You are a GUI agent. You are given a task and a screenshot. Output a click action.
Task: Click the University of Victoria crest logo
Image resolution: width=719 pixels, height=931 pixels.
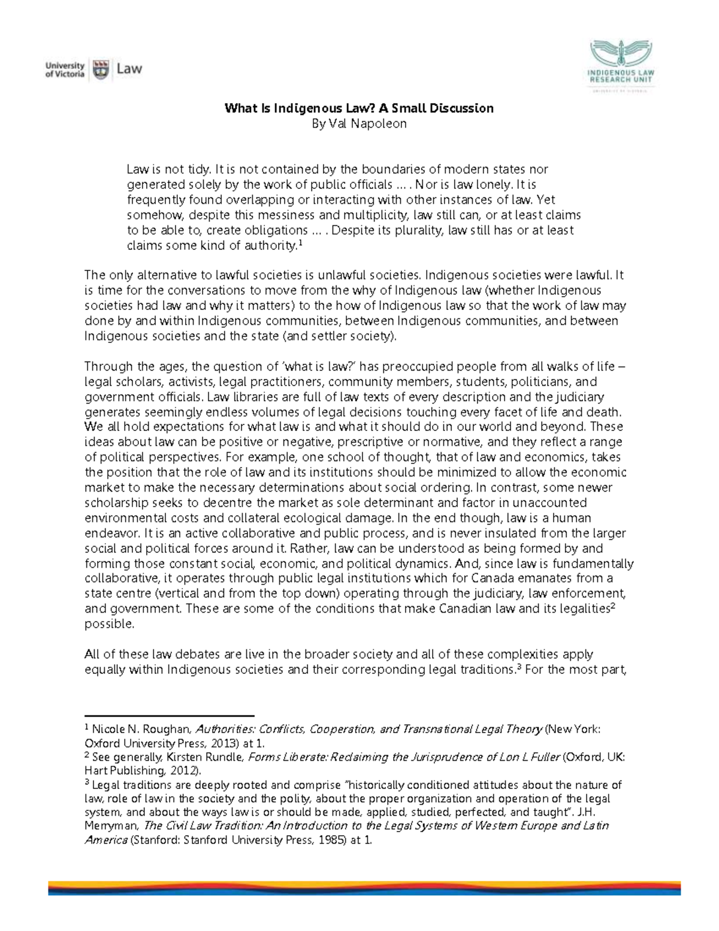[102, 69]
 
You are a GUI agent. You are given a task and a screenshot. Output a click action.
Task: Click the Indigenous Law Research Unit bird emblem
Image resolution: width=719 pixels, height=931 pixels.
[621, 54]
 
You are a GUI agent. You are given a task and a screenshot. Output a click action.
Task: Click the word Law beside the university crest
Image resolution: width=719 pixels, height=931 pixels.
[129, 69]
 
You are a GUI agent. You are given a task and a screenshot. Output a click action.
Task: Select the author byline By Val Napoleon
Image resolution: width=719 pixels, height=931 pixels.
[359, 123]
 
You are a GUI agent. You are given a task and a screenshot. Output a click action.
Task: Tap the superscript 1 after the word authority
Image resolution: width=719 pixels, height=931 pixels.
[300, 243]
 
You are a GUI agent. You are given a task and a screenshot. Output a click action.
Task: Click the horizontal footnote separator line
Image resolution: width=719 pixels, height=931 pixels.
[170, 715]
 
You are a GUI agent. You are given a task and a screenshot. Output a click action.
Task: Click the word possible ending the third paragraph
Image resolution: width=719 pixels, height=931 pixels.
[109, 623]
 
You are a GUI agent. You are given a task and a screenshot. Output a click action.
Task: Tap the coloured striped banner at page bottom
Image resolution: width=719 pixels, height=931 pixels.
[364, 887]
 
